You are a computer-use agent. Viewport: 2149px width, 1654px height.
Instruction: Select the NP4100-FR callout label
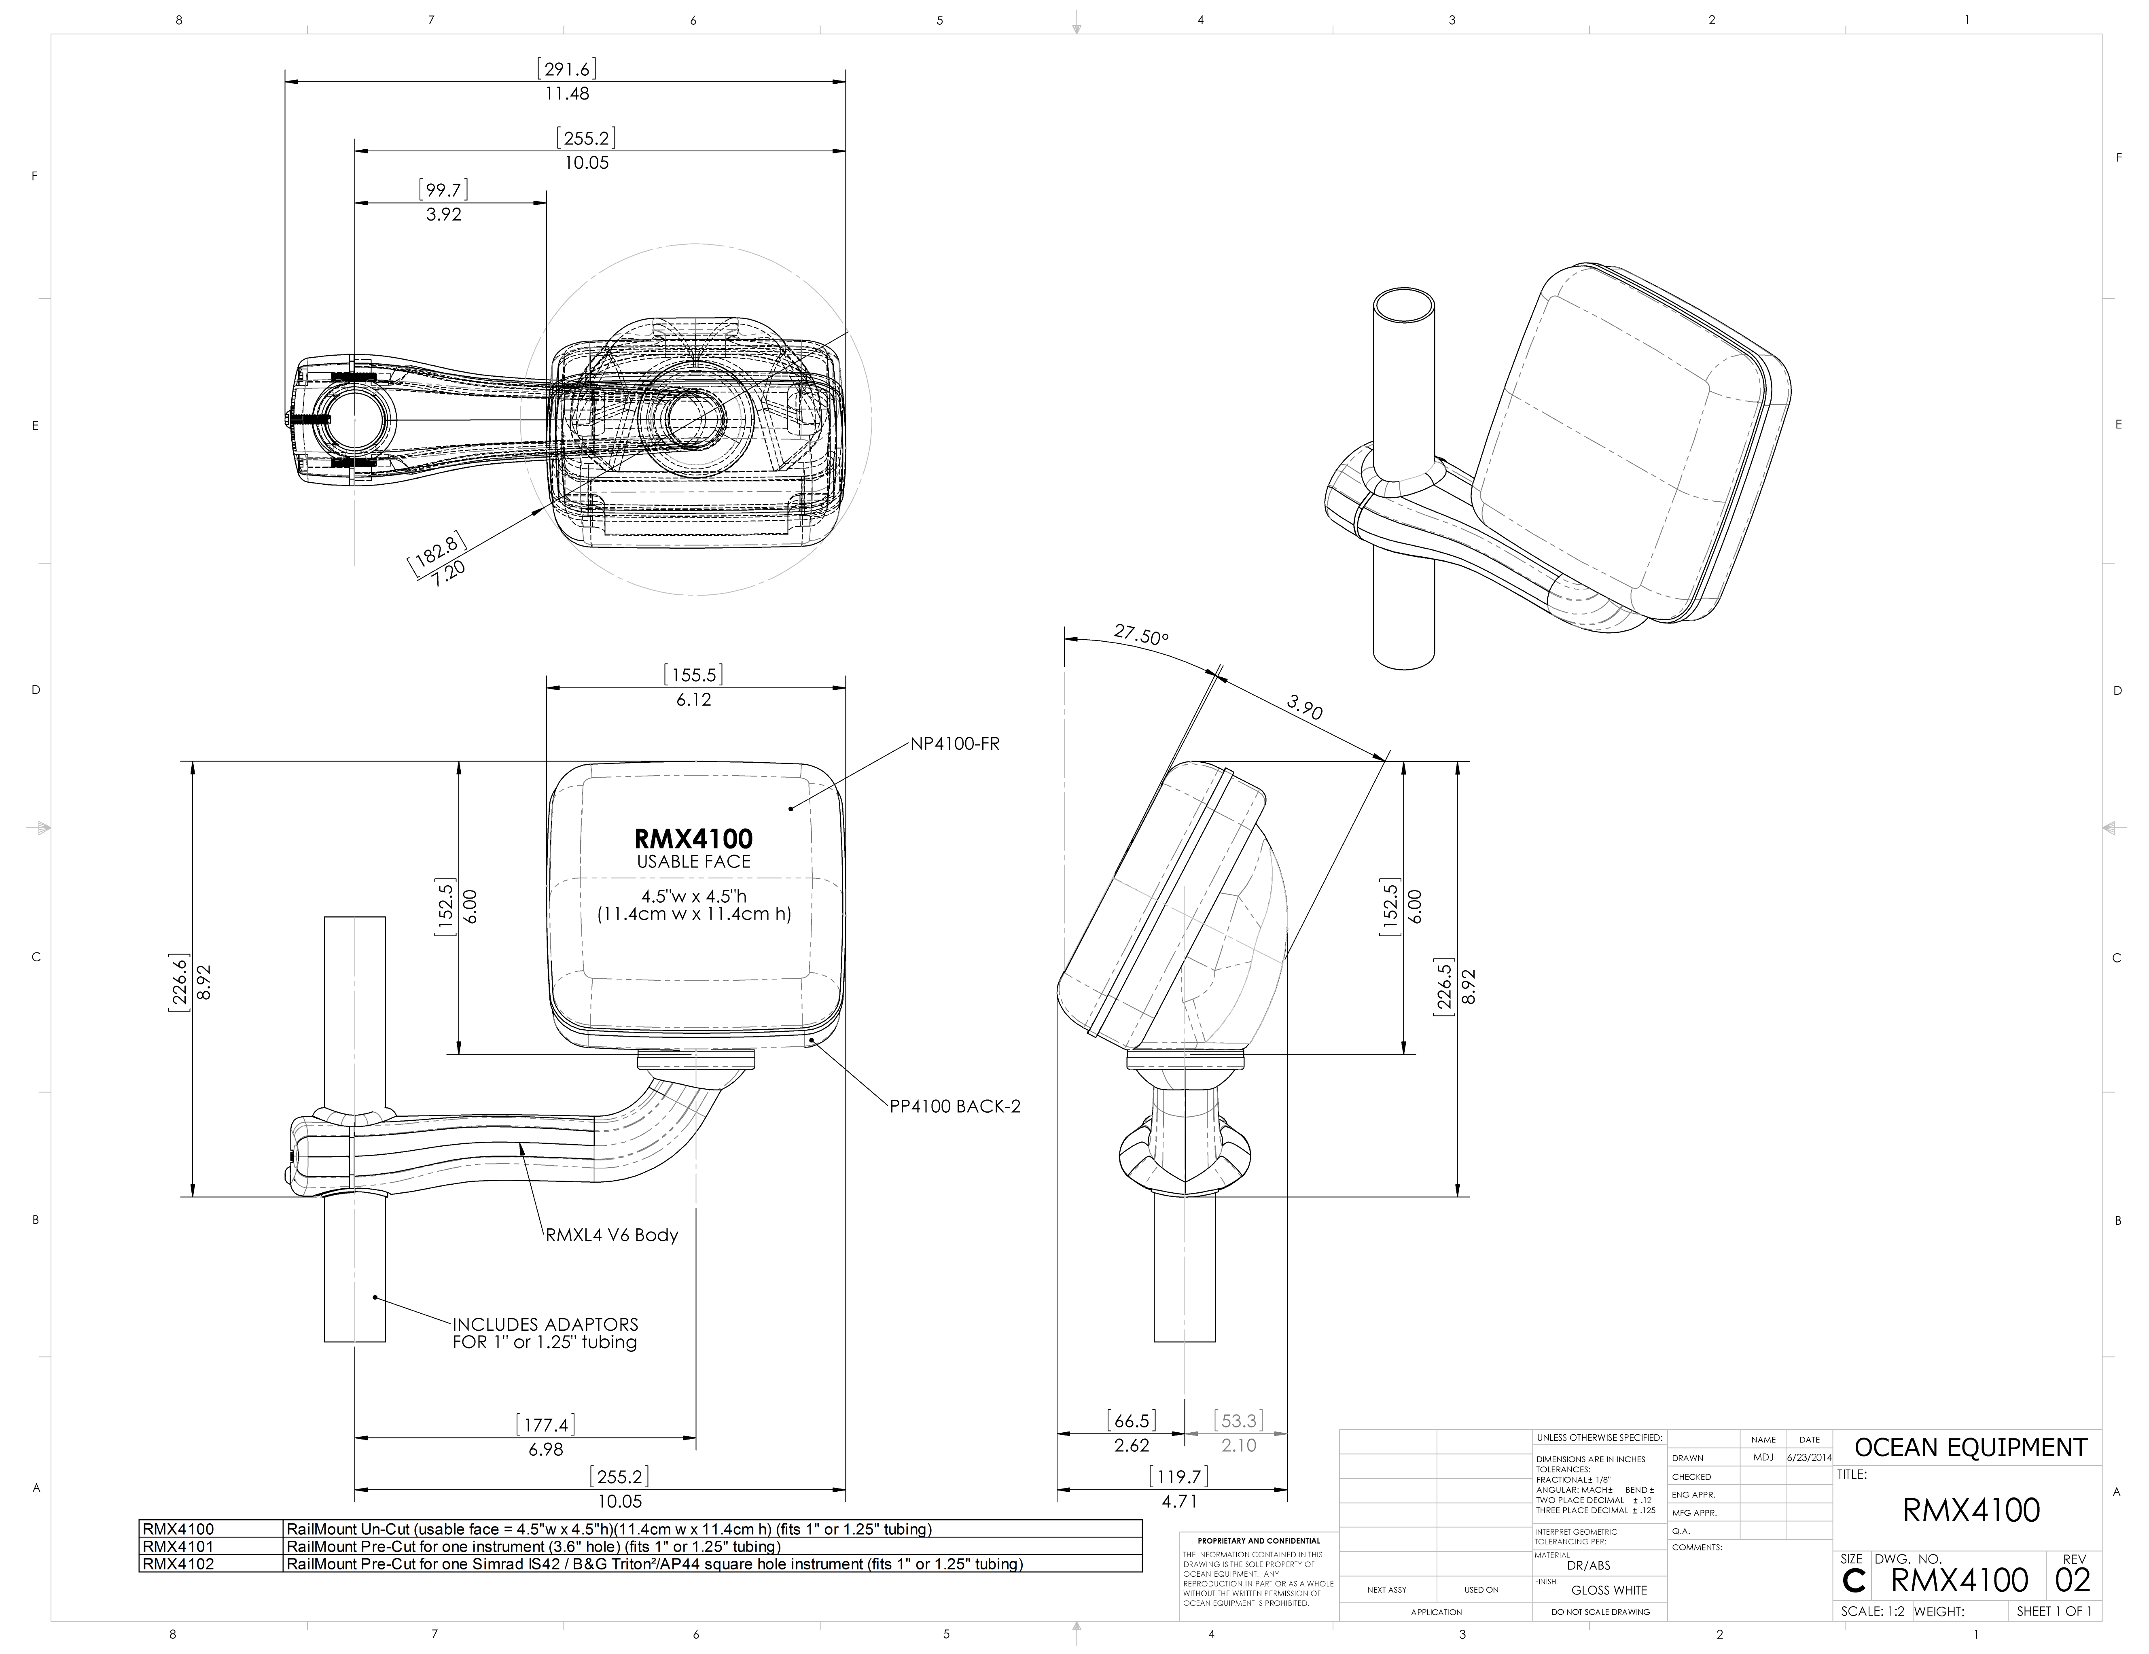pyautogui.click(x=954, y=744)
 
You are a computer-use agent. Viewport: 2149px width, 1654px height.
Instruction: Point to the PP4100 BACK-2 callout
pyautogui.click(x=954, y=1106)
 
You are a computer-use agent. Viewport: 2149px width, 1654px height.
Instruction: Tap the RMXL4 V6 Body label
pyautogui.click(x=612, y=1235)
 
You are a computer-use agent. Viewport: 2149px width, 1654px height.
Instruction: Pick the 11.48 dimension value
pyautogui.click(x=567, y=93)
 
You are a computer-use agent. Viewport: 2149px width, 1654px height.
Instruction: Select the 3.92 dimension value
pyautogui.click(x=444, y=214)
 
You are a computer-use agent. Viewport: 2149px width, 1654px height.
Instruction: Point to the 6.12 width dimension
pyautogui.click(x=694, y=700)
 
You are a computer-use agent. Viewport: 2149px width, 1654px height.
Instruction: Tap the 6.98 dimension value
pyautogui.click(x=546, y=1449)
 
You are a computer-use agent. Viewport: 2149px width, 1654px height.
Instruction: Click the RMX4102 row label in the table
pyautogui.click(x=178, y=1563)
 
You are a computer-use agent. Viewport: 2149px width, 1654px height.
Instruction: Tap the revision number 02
pyautogui.click(x=2072, y=1581)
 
